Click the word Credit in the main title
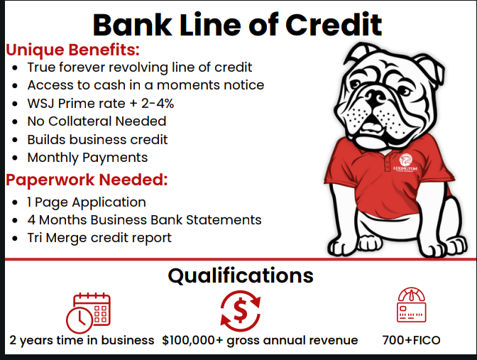pos(334,25)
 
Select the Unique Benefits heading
pos(72,50)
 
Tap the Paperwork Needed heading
pos(87,180)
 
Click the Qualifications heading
pos(241,276)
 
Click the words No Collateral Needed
pos(97,121)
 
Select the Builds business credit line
pos(97,140)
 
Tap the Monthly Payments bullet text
pos(87,158)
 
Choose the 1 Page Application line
pos(87,202)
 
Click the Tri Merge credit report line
pos(99,238)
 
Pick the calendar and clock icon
pos(88,313)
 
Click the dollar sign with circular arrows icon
pos(241,311)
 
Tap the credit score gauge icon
pos(412,305)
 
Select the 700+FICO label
pos(411,340)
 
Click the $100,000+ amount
pos(192,341)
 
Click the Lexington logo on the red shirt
pos(405,163)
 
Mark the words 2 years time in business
pos(82,341)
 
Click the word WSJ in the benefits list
pos(41,104)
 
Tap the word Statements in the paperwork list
pos(224,220)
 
